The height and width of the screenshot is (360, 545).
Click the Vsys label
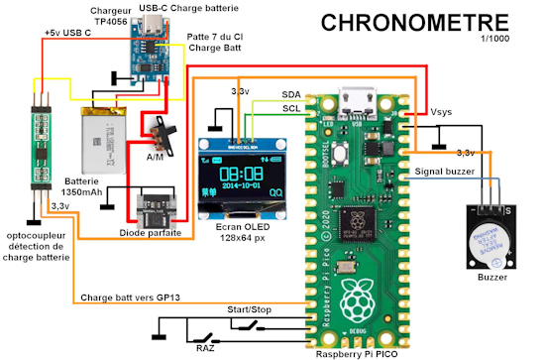coord(442,112)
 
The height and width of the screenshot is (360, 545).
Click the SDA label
coord(291,92)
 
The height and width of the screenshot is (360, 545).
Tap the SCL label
coord(291,108)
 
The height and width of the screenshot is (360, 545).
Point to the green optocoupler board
coord(40,145)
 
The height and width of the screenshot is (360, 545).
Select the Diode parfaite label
coord(151,234)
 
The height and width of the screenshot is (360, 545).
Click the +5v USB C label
coord(67,34)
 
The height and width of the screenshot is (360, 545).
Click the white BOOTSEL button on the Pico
coord(340,156)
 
